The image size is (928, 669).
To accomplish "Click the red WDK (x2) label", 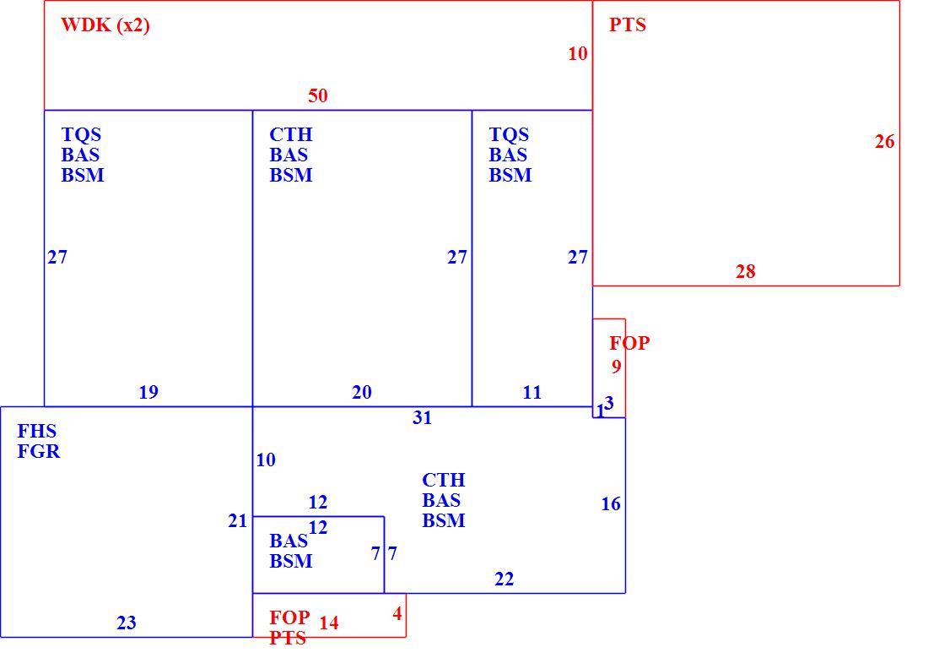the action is click(105, 24).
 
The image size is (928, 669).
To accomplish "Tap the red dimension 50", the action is click(318, 95).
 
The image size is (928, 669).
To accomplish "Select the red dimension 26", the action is click(885, 141).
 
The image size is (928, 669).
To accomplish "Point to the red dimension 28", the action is click(746, 271).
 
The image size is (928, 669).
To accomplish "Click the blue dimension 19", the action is click(148, 392).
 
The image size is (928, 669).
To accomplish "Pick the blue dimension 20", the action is click(362, 392).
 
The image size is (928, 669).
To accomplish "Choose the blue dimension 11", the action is click(532, 392).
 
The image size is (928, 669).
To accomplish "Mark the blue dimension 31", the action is click(423, 417).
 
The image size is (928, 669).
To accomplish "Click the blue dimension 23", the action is click(127, 623).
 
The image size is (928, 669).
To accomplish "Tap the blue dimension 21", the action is click(238, 520).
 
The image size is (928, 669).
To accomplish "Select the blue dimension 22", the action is click(504, 579).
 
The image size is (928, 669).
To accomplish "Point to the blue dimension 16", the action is click(611, 503).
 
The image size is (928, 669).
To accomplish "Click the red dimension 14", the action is click(329, 623).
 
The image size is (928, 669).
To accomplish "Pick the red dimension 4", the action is click(397, 613).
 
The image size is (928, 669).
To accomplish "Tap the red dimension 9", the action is click(617, 367).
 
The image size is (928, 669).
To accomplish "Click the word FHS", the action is click(36, 430).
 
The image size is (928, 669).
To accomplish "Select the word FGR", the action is click(39, 451).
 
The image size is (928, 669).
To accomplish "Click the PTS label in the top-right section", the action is click(628, 24).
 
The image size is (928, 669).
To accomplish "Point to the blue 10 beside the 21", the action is click(266, 460).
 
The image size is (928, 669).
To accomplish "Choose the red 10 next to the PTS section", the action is click(578, 53).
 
